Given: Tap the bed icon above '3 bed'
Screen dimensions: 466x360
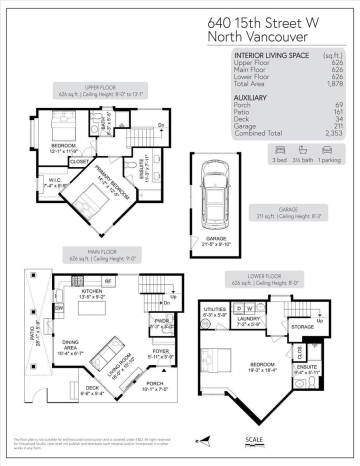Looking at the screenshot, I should pos(280,149).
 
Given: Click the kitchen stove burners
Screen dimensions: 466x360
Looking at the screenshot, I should pos(77,280).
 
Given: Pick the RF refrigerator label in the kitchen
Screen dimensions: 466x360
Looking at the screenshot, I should pos(107,281).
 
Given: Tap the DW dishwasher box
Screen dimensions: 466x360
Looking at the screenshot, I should pos(59,308).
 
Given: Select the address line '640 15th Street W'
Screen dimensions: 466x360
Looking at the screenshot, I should pos(263,23).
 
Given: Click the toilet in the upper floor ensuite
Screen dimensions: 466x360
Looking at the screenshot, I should pos(131,165).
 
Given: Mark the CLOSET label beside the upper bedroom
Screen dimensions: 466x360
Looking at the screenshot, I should pos(79,161).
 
